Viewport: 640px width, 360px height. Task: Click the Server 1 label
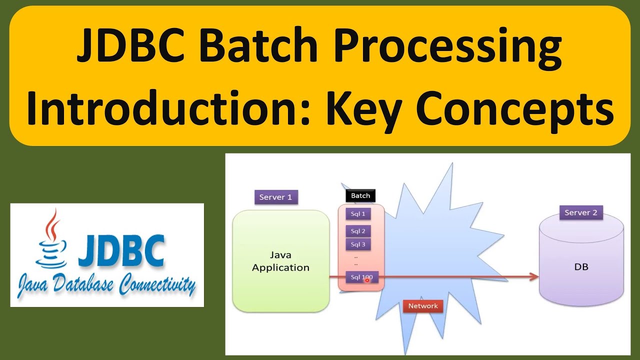[x=275, y=197]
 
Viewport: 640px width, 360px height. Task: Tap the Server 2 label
[x=580, y=212]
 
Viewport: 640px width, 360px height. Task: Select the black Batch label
[x=360, y=195]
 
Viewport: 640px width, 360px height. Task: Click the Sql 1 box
[x=358, y=214]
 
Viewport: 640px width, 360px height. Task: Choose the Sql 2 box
[x=358, y=231]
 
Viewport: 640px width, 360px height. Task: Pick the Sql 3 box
[x=358, y=244]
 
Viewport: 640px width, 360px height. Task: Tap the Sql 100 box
[x=361, y=277]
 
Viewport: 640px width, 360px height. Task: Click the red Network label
[x=422, y=306]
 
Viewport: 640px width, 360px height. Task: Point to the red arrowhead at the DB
[x=533, y=276]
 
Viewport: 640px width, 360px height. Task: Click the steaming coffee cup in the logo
[x=50, y=245]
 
